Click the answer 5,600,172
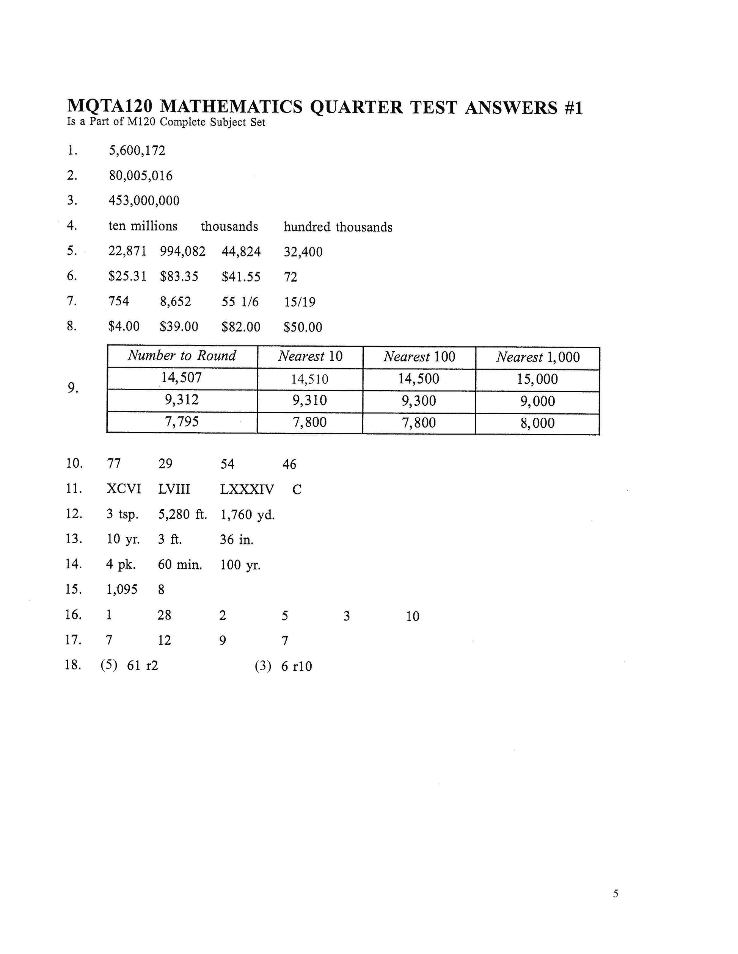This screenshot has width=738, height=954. pyautogui.click(x=137, y=151)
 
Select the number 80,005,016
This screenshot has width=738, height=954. pyautogui.click(x=140, y=175)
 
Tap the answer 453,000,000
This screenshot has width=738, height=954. pyautogui.click(x=144, y=200)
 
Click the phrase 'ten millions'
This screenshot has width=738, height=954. pyautogui.click(x=143, y=226)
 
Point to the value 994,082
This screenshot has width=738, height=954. pyautogui.click(x=182, y=251)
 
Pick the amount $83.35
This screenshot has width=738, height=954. pyautogui.click(x=179, y=277)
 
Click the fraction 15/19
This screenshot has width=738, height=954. pyautogui.click(x=300, y=302)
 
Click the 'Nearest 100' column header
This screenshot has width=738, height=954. pyautogui.click(x=419, y=357)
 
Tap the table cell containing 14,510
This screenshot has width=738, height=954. pyautogui.click(x=309, y=379)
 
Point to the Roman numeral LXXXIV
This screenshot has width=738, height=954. pyautogui.click(x=247, y=489)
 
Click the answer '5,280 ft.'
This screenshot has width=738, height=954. pyautogui.click(x=182, y=515)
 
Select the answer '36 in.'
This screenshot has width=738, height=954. pyautogui.click(x=236, y=540)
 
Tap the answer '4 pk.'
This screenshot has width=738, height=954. pyautogui.click(x=121, y=565)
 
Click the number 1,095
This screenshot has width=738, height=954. pyautogui.click(x=122, y=590)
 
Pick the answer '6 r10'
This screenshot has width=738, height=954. pyautogui.click(x=297, y=666)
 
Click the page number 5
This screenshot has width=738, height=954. pyautogui.click(x=615, y=894)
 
